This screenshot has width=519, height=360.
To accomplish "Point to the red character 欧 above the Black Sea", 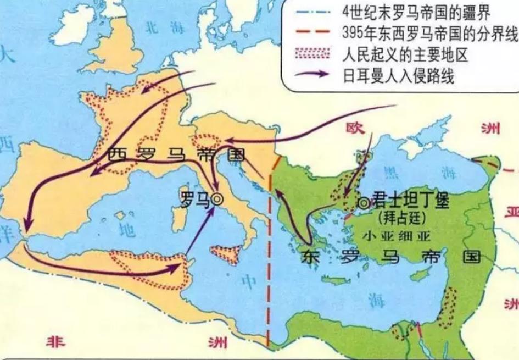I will (x=353, y=128).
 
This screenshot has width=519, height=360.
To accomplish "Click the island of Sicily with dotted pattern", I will (x=227, y=254).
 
